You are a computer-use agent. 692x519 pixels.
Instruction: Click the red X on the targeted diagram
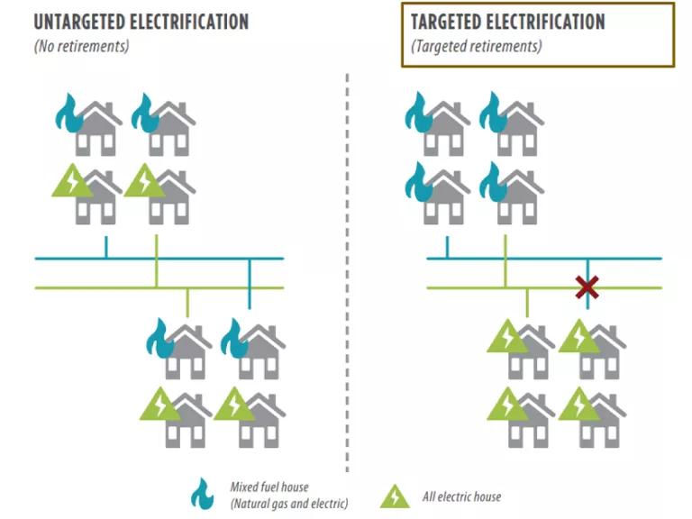(587, 287)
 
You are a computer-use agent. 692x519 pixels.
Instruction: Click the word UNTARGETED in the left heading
(77, 22)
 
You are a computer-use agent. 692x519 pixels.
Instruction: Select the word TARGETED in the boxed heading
(448, 22)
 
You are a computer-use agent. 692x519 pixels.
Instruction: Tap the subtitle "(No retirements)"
(82, 46)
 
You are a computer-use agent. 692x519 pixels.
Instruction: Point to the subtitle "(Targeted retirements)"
(477, 46)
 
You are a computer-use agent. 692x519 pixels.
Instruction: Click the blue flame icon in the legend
(202, 494)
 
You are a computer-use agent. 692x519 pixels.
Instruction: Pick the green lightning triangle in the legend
(395, 496)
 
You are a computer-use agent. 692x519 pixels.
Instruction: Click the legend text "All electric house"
(461, 496)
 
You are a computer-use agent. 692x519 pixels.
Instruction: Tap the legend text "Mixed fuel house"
(269, 487)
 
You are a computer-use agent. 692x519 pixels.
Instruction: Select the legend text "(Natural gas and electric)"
(289, 504)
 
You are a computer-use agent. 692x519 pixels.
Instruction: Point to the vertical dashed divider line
(347, 273)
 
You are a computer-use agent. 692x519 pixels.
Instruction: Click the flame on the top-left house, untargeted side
(67, 113)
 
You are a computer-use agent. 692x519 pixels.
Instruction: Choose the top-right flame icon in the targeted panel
(491, 112)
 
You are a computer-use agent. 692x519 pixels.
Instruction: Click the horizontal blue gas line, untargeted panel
(159, 259)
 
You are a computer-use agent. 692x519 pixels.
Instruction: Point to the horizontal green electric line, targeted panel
(544, 287)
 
